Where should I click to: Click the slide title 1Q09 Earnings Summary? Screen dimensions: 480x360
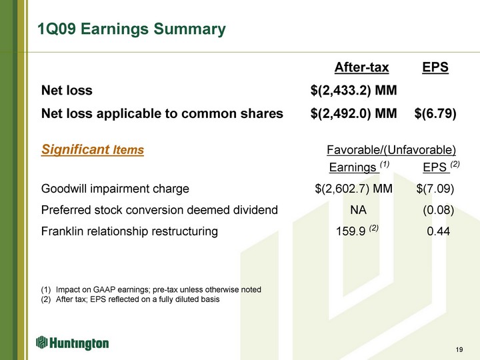(x=131, y=29)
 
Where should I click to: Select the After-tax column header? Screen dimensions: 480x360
(x=361, y=67)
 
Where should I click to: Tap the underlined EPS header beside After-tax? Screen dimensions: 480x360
(x=435, y=67)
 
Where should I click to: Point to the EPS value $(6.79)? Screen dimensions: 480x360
(x=435, y=113)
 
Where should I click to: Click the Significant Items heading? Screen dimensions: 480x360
(x=93, y=150)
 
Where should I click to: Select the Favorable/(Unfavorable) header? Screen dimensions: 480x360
(x=391, y=150)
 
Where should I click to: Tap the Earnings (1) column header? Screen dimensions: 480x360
(x=359, y=167)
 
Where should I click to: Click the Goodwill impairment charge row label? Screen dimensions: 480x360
(x=115, y=189)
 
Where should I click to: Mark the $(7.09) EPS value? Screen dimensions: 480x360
(x=435, y=189)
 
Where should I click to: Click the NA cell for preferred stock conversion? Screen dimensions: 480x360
(x=358, y=210)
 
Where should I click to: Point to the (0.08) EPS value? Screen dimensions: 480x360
(x=439, y=210)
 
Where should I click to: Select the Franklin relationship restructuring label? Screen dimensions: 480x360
(x=129, y=231)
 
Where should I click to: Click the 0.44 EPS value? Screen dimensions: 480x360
(x=439, y=231)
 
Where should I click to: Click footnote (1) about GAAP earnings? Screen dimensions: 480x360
(x=151, y=289)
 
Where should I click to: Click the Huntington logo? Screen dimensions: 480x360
(x=72, y=343)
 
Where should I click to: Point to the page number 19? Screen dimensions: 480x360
(x=459, y=349)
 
